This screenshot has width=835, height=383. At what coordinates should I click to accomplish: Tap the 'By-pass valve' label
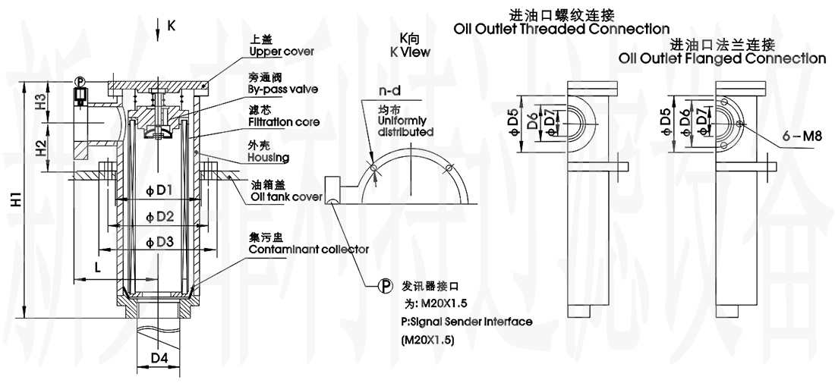[282, 89]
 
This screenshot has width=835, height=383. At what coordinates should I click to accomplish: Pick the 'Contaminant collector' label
[309, 249]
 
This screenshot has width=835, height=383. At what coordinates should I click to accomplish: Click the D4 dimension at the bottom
[159, 356]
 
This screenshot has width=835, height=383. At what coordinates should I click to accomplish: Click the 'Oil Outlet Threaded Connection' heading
[561, 30]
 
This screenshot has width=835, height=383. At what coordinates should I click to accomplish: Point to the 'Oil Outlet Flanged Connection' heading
[722, 58]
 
